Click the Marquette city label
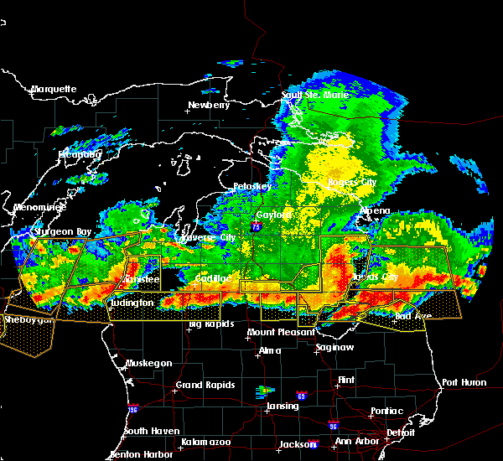tap(54, 89)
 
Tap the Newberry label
tap(208, 106)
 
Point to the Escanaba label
tap(80, 155)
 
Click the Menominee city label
tap(34, 207)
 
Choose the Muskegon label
tap(149, 363)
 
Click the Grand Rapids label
tap(203, 386)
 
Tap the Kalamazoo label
tap(205, 442)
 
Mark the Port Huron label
tap(464, 382)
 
